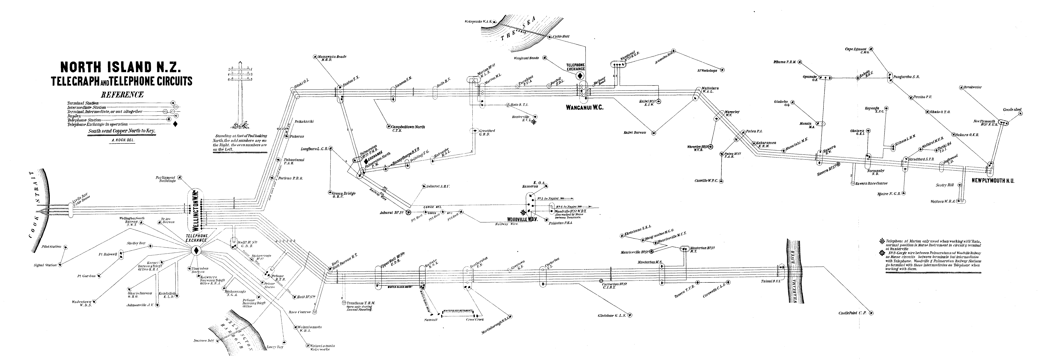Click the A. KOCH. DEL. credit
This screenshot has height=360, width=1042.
[122, 140]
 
